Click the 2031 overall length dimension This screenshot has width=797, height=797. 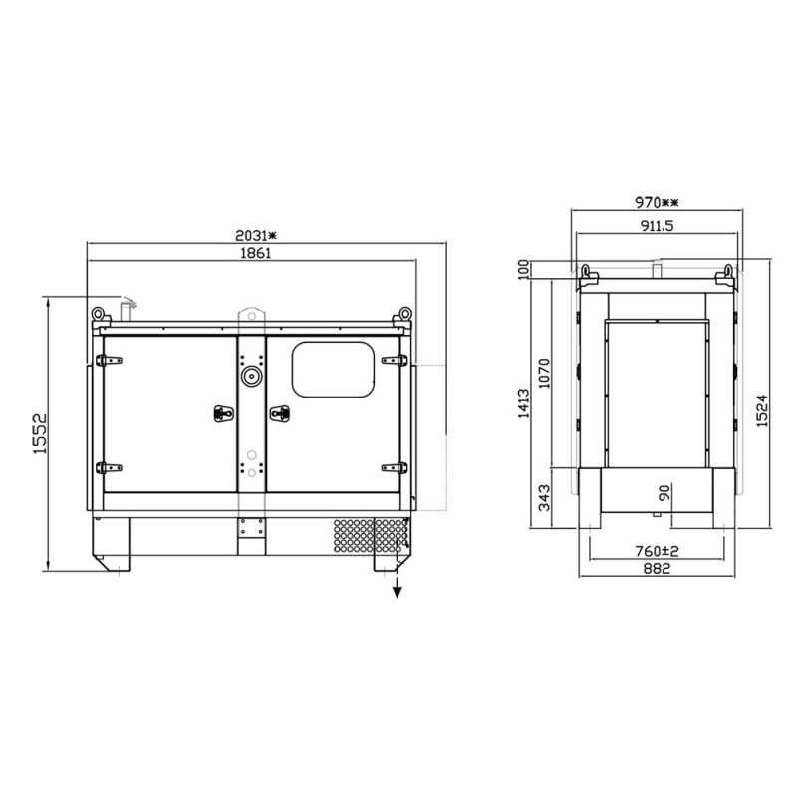(256, 236)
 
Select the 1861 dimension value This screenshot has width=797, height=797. (256, 253)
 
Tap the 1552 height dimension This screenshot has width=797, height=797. (40, 433)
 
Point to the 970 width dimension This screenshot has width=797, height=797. (657, 203)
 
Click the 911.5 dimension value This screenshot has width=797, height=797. (657, 226)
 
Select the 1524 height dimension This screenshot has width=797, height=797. (762, 410)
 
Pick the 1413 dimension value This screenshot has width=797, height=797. (524, 403)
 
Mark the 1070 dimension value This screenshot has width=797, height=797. (544, 373)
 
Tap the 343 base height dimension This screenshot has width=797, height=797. (544, 498)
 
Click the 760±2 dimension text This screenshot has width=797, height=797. (657, 551)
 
